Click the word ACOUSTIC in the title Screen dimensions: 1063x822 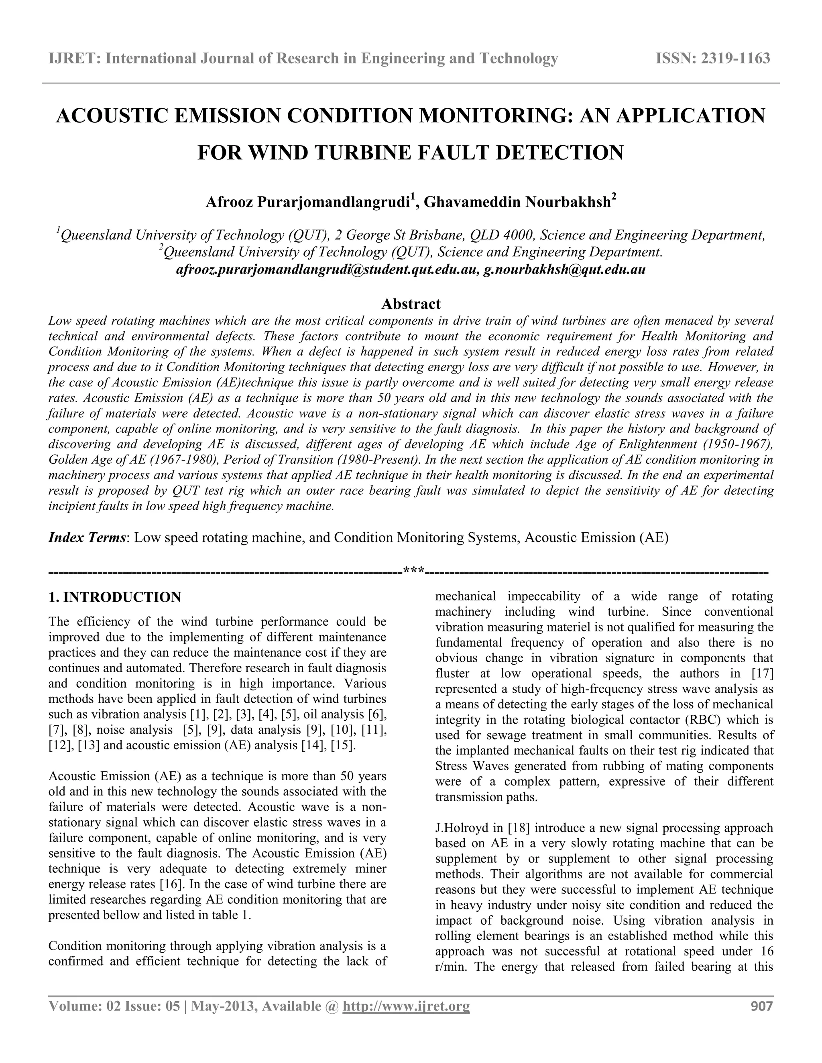point(116,116)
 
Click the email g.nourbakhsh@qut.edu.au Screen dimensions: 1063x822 point(564,270)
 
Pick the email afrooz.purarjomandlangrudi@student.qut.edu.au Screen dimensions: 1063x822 point(325,270)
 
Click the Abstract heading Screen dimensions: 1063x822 point(411,304)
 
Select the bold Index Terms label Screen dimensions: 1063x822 point(87,538)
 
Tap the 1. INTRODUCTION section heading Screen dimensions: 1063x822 point(115,597)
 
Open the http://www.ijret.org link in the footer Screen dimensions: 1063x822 point(406,1006)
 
